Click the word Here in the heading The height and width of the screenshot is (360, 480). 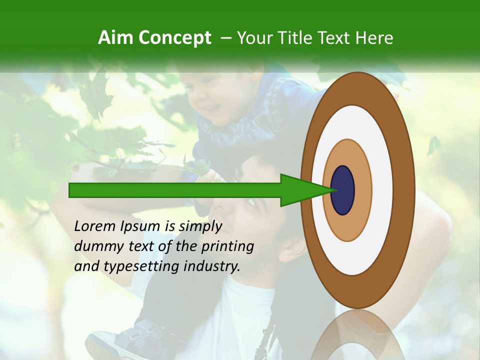pyautogui.click(x=373, y=38)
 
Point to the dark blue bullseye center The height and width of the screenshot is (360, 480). pyautogui.click(x=342, y=190)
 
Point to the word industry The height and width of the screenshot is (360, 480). pyautogui.click(x=211, y=267)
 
